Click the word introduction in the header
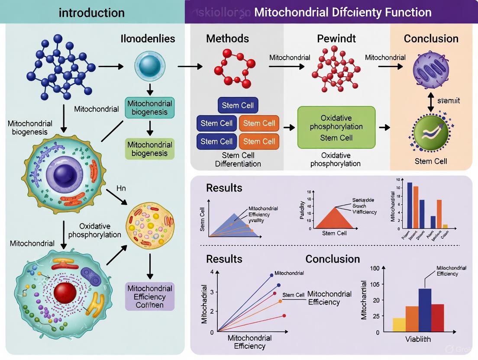coord(92,12)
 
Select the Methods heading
coord(227,39)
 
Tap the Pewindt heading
coord(336,39)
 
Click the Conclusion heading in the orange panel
coord(431,39)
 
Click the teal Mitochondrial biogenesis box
coord(149,108)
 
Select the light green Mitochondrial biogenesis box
coord(149,148)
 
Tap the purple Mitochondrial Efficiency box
coord(150,297)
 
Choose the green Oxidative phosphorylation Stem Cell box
coord(336,128)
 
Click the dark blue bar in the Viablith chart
coord(425,310)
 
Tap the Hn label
coord(121,188)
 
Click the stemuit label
coord(449,101)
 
